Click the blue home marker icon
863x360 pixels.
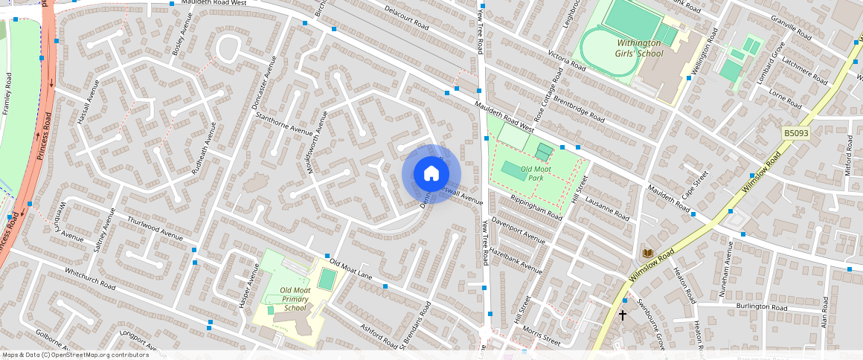coord(431,174)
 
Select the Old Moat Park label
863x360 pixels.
coord(536,173)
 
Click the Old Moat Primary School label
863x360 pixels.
coord(295,299)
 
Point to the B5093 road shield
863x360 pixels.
coord(795,132)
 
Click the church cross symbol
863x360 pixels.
coord(623,315)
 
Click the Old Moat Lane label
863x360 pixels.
coord(351,269)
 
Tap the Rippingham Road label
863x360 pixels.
coord(536,208)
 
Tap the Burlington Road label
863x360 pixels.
coord(762,306)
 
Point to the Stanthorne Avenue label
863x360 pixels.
coord(284,124)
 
